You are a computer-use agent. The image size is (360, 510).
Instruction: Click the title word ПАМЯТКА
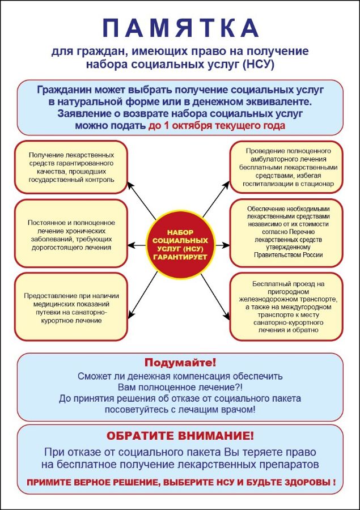(180, 28)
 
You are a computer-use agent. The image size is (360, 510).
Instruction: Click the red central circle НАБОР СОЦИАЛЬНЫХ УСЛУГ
(180, 245)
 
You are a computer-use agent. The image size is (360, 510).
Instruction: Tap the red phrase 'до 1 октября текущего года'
(217, 126)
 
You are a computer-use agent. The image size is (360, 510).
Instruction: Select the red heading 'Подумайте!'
(180, 362)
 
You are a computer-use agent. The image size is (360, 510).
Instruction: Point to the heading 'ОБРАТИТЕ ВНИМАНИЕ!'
(180, 436)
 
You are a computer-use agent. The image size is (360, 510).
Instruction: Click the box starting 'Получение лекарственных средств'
(71, 167)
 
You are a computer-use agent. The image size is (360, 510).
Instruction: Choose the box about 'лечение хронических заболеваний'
(71, 233)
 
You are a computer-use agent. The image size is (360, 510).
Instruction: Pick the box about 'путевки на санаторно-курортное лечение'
(71, 307)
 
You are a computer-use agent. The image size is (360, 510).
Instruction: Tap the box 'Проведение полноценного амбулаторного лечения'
(286, 167)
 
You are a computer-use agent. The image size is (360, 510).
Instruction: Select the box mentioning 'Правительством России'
(286, 233)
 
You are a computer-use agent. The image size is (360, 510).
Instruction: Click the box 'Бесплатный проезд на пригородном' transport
(286, 307)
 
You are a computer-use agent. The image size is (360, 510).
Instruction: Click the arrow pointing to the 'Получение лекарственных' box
(141, 201)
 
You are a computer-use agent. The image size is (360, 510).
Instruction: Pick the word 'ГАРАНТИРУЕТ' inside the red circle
(180, 257)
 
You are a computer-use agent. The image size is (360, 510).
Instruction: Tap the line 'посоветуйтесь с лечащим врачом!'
(180, 410)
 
